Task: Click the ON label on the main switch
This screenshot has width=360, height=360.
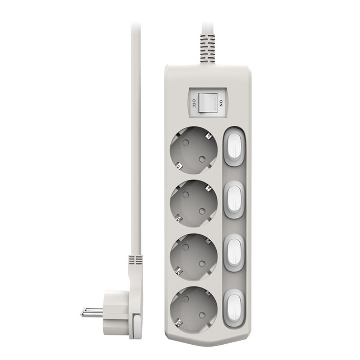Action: pos(221,103)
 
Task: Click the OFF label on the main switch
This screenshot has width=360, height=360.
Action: pos(194,103)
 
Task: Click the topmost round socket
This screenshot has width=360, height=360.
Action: pos(193,151)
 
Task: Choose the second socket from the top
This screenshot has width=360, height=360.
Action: pos(193,204)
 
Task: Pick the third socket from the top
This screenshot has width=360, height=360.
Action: pos(193,257)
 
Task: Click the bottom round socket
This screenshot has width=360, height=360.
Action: pos(193,310)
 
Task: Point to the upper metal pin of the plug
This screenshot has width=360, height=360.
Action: pos(94,310)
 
